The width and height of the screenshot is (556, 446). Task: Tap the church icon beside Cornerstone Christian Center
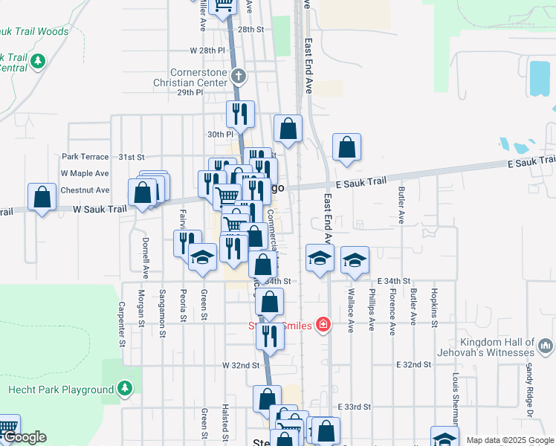(238, 75)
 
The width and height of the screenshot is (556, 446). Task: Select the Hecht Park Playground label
(60, 390)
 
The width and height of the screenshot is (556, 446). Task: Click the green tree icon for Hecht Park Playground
(125, 388)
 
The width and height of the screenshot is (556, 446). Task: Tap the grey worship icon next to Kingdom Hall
(546, 345)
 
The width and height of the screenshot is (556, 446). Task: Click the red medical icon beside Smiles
(323, 324)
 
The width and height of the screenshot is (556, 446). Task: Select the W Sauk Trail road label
(100, 210)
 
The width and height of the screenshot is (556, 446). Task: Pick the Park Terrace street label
(85, 157)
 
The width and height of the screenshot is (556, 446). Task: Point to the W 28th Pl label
(207, 51)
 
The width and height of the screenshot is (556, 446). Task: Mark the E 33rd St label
(355, 407)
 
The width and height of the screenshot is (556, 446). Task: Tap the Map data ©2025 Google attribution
(510, 440)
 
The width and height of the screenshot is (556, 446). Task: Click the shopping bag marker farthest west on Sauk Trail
(42, 197)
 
